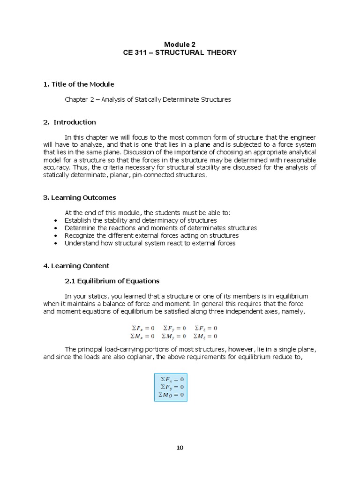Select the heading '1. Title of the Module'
(79, 84)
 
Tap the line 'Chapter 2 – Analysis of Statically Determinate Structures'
(148, 99)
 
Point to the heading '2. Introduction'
(69, 122)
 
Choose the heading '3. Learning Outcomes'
(80, 197)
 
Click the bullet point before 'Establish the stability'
(56, 220)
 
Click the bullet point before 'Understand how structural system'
(56, 243)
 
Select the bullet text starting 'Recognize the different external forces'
(151, 235)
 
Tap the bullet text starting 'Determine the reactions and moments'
(160, 228)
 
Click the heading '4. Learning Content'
(76, 266)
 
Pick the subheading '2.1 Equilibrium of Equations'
(112, 281)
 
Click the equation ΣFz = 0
(206, 328)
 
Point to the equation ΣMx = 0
(142, 336)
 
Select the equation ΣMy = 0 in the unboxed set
(173, 336)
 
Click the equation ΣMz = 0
(206, 336)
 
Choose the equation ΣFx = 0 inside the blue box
(172, 379)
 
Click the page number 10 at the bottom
(180, 447)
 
